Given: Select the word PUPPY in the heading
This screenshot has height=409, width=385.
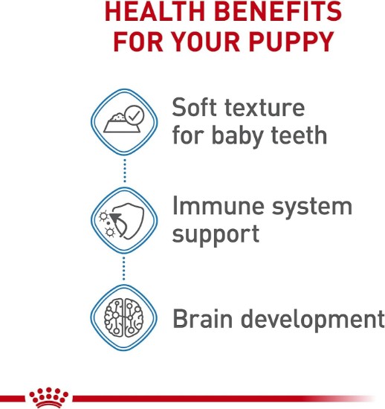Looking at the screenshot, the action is (291, 41).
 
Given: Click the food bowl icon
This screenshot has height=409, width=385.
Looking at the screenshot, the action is (120, 123).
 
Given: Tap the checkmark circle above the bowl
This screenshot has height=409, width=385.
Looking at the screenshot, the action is (134, 115).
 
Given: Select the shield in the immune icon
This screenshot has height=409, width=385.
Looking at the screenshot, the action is (129, 220).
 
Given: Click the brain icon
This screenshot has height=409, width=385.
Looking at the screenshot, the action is (124, 318).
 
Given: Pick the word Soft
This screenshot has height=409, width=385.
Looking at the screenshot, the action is (194, 107).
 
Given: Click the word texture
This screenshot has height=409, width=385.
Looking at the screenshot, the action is (265, 109).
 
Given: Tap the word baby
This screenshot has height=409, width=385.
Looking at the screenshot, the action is (237, 136).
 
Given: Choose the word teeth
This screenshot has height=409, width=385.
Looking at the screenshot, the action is (299, 135).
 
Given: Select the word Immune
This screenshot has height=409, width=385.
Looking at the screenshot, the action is (219, 206).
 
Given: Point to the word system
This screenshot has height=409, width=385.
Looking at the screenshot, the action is (312, 208).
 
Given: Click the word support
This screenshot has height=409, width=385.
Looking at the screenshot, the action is (216, 235).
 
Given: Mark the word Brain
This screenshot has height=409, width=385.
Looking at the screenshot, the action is (203, 318).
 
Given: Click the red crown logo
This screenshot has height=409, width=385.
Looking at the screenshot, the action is (49, 399).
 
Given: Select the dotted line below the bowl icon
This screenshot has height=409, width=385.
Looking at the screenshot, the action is (125, 170).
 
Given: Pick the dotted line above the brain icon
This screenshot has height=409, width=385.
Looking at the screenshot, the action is (124, 268).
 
